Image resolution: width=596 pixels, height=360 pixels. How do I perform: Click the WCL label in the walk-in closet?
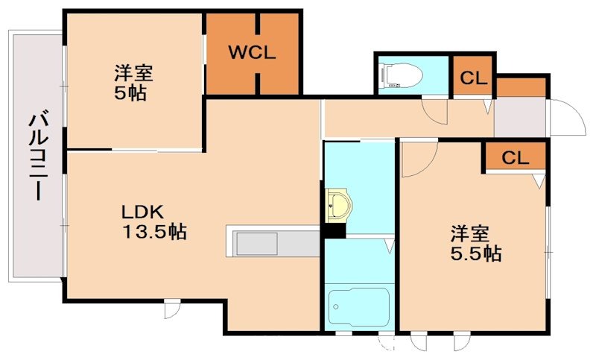coord(253,53)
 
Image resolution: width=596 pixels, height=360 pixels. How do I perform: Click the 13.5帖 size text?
coord(154,233)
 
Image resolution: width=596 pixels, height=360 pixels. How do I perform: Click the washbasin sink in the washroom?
coord(339,205)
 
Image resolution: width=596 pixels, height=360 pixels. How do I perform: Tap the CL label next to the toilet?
coord(473,77)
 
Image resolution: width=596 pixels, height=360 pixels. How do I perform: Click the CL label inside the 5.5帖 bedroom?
coord(515,158)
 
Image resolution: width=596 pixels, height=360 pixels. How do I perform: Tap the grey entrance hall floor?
coord(520,118)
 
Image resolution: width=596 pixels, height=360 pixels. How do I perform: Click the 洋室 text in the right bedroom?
coord(469,233)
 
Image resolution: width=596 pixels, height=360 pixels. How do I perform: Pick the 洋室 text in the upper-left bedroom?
coord(133,74)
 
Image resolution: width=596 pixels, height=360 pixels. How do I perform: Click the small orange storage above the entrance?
coord(521,86)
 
